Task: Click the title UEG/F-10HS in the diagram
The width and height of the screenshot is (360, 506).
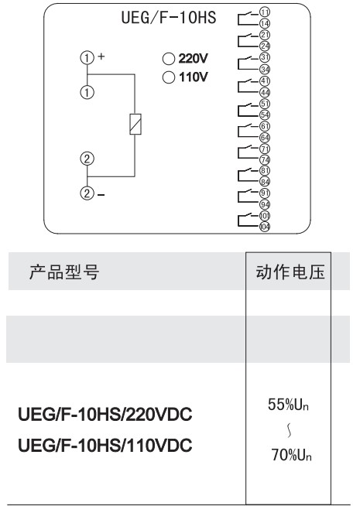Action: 169,17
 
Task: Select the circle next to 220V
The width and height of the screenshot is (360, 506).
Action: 169,59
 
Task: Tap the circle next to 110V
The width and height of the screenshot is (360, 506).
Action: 169,77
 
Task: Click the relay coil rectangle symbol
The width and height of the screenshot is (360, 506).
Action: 135,124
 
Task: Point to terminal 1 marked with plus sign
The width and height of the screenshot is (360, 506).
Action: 87,58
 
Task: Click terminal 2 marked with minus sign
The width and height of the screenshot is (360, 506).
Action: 87,193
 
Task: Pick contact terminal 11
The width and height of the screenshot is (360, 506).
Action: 265,12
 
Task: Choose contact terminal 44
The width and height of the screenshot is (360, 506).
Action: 265,93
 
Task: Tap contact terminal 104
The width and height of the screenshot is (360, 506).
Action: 265,227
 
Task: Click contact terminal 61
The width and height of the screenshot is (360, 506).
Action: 265,126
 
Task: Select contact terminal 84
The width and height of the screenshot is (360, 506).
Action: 265,182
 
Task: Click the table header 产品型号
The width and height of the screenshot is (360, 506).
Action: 64,272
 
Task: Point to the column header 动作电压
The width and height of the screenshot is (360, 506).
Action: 290,272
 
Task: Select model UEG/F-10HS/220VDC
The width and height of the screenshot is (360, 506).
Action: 105,415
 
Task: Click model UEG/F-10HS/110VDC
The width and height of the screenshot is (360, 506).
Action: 105,446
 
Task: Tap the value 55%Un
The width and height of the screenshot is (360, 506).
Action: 288,405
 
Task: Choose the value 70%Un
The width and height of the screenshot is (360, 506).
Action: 291,454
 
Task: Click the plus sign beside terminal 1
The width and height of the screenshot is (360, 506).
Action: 101,56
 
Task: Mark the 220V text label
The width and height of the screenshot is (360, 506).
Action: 193,58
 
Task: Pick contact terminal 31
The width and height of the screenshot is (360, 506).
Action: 265,57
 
